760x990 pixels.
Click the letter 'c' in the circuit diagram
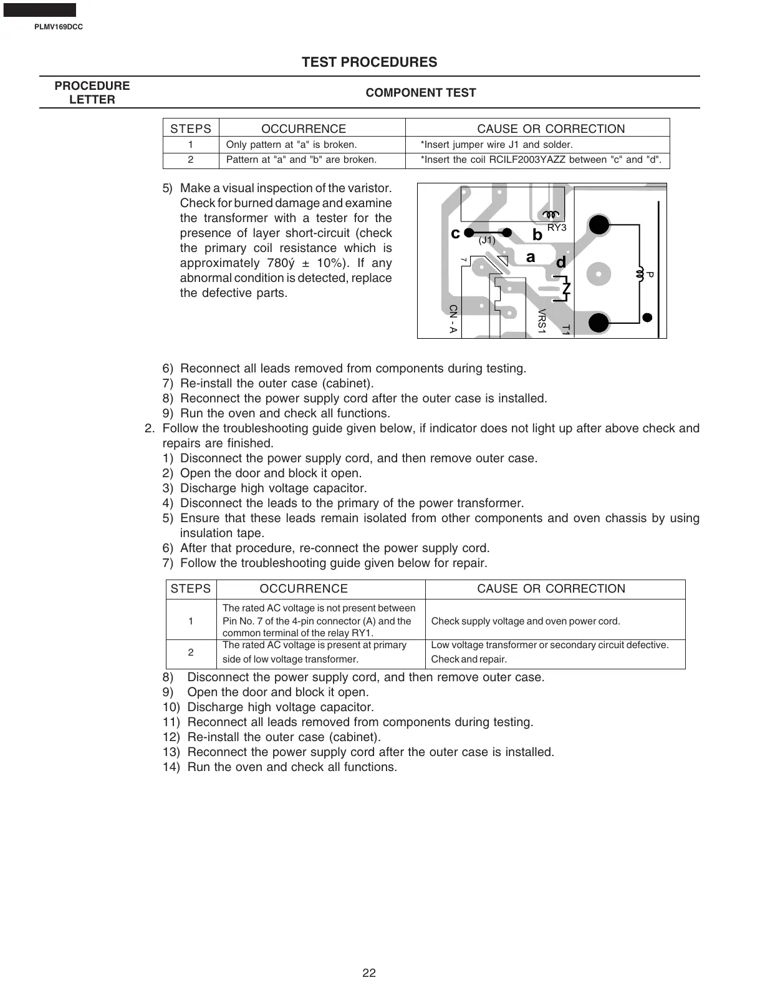coord(455,234)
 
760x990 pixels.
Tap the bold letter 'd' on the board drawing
coord(561,263)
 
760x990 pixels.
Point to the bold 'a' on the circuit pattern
coord(531,257)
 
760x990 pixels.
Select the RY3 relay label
coord(557,228)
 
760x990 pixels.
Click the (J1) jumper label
coord(487,240)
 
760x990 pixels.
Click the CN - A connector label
coord(453,319)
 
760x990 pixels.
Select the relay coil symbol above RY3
coord(551,215)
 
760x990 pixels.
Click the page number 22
coord(369,973)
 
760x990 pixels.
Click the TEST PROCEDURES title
coord(370,62)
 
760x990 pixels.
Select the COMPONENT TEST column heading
coord(421,93)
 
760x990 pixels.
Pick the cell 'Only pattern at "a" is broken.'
coord(291,145)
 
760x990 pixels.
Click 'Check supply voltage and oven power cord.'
coord(526,621)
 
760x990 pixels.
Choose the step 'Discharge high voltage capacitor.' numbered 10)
coord(281,707)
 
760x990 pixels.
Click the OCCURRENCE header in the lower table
coord(304,589)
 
